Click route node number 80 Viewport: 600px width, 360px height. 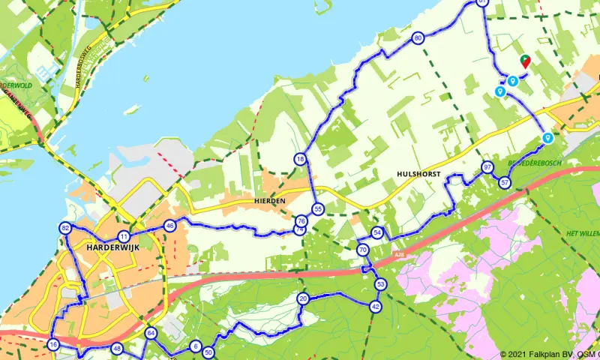pyautogui.click(x=418, y=38)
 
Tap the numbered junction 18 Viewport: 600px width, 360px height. pyautogui.click(x=300, y=159)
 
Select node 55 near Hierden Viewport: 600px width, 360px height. pyautogui.click(x=319, y=209)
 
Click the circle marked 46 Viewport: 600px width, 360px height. pyautogui.click(x=170, y=226)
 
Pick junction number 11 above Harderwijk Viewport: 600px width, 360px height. pyautogui.click(x=124, y=236)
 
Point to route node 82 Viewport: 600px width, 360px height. pyautogui.click(x=65, y=228)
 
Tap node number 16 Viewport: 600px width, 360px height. pyautogui.click(x=52, y=344)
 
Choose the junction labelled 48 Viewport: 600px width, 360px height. pyautogui.click(x=117, y=349)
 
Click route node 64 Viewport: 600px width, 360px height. pyautogui.click(x=151, y=333)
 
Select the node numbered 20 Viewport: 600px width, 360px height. pyautogui.click(x=303, y=298)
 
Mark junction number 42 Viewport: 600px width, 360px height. pyautogui.click(x=375, y=306)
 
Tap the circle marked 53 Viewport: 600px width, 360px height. pyautogui.click(x=381, y=284)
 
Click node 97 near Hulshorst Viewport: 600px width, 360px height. pyautogui.click(x=487, y=167)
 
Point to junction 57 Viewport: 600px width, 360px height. pyautogui.click(x=505, y=183)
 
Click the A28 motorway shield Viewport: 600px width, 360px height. pyautogui.click(x=400, y=256)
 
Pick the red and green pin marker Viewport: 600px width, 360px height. pyautogui.click(x=525, y=60)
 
